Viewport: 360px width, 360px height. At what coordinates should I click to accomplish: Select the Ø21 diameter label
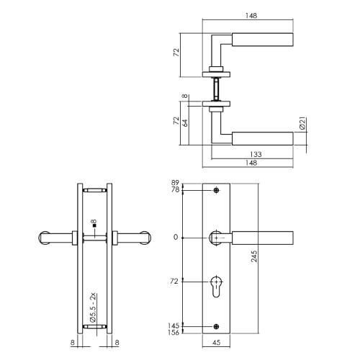coord(303,124)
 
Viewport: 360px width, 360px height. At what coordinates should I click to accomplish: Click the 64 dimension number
coord(186,123)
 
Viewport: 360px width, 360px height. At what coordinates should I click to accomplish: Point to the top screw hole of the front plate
coord(217,191)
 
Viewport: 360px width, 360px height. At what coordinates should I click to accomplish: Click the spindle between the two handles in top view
coord(217,89)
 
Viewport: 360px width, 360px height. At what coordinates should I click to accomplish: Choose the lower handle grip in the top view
coord(264,137)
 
